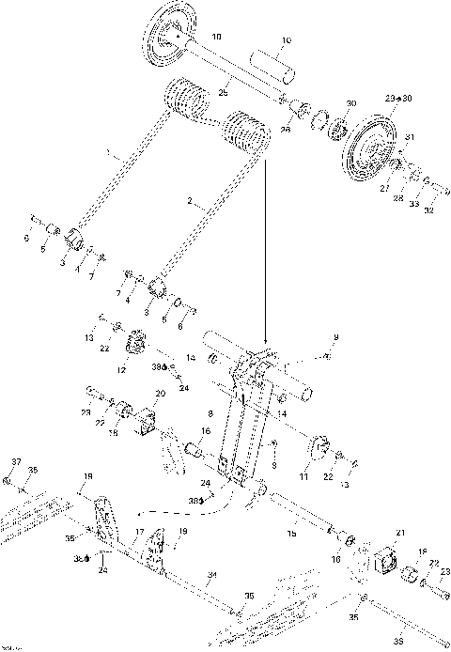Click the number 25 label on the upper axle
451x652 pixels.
[x=224, y=92]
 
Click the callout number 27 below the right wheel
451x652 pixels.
[x=384, y=188]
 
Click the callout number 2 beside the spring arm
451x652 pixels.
[x=191, y=202]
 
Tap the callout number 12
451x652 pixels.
[x=120, y=370]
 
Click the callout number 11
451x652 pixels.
[x=303, y=478]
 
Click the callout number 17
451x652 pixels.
[x=137, y=533]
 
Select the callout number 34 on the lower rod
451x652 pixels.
[x=212, y=574]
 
